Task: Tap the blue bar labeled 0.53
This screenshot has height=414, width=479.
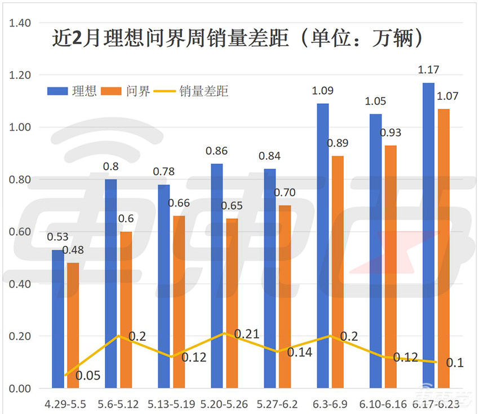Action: (x=58, y=319)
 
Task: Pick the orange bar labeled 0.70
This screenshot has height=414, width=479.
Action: (x=285, y=296)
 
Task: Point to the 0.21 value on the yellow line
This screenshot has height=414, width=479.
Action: (x=246, y=334)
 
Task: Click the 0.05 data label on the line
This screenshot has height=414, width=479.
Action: (x=88, y=375)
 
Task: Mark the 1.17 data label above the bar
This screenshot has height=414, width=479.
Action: (x=428, y=70)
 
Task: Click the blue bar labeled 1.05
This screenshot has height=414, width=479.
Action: (x=376, y=251)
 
